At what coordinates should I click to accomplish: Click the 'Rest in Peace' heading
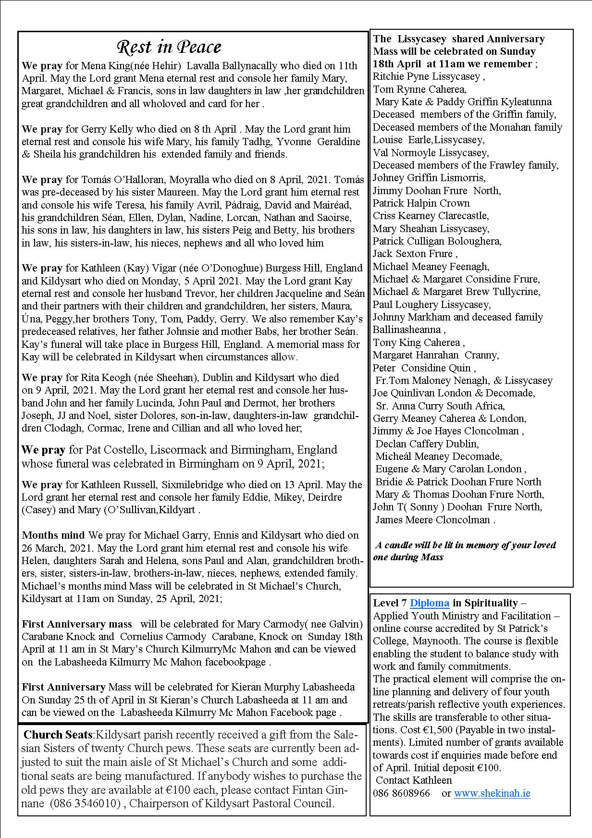169,47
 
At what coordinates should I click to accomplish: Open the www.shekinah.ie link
492,793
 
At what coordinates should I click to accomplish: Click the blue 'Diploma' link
430,603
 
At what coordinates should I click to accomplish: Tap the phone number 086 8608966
401,793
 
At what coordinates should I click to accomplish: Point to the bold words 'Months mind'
53,535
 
